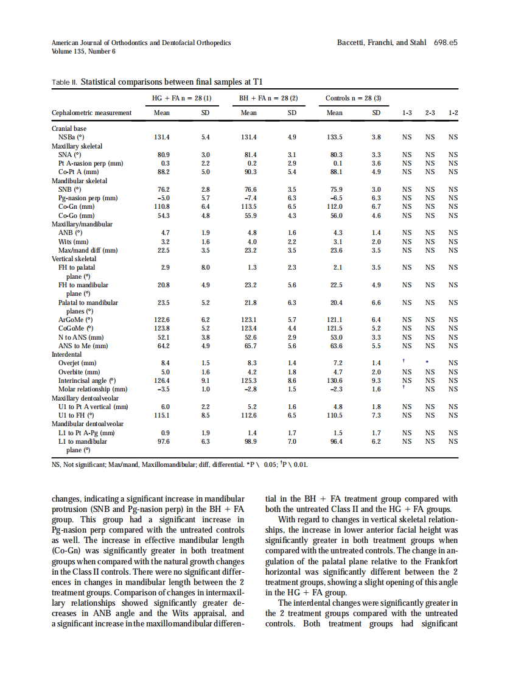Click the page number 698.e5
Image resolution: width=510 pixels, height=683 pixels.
pos(445,43)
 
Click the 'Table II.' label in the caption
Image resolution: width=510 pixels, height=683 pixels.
pos(64,82)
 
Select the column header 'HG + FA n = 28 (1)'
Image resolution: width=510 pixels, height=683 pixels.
pos(181,98)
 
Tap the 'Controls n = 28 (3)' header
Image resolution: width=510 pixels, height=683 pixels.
pos(353,98)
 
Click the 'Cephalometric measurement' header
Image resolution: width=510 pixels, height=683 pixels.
pos(91,113)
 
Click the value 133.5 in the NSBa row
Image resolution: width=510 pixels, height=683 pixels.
pos(335,137)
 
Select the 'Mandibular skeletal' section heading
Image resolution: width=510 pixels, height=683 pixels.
pos(80,181)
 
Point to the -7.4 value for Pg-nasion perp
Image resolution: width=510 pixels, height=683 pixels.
pos(249,198)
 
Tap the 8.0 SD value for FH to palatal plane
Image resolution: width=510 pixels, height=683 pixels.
pos(206,267)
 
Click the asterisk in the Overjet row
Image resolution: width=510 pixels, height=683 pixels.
pos(430,363)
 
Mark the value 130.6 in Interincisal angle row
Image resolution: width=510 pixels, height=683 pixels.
pos(335,380)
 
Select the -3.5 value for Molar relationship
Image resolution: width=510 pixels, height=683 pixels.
pos(162,389)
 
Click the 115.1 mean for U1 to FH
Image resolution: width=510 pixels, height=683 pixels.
pos(162,415)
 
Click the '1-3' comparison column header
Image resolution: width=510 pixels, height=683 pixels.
pos(407,113)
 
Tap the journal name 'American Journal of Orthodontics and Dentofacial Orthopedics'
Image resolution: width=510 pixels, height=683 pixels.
pos(141,43)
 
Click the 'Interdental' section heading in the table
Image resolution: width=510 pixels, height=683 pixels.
pos(67,354)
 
